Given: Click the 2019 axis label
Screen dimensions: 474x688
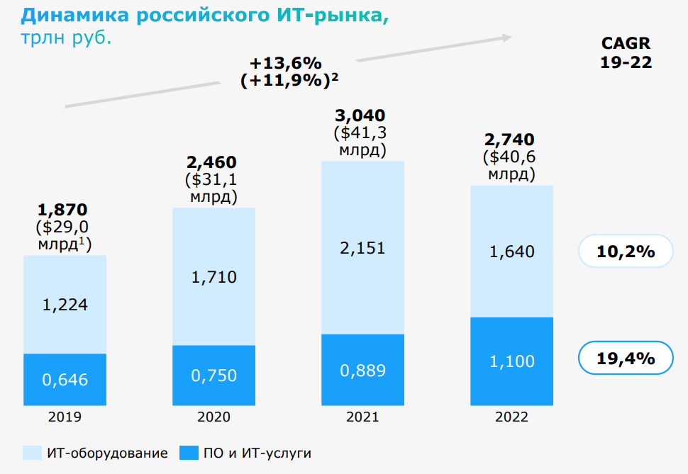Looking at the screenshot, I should (65, 417).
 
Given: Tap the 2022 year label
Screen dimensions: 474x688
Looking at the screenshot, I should (511, 417).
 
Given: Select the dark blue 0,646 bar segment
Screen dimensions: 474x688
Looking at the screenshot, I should (65, 380).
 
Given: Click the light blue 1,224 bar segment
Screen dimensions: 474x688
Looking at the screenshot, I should (65, 305).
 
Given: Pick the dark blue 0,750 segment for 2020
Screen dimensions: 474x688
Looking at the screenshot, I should (213, 376).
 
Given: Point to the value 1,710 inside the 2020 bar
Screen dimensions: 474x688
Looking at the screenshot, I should (213, 276).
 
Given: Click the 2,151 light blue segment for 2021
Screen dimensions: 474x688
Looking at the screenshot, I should (362, 247).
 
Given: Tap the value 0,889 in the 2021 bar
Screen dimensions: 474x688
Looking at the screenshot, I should (362, 370).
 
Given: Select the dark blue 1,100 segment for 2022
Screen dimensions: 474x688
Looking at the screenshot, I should (511, 361).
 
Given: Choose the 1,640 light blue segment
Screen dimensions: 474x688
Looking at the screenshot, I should (511, 252).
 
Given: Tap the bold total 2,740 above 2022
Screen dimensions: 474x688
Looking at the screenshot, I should (509, 140).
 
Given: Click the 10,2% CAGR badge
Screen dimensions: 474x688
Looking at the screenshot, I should (626, 251).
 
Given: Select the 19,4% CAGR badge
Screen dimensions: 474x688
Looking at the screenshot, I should (626, 359).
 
